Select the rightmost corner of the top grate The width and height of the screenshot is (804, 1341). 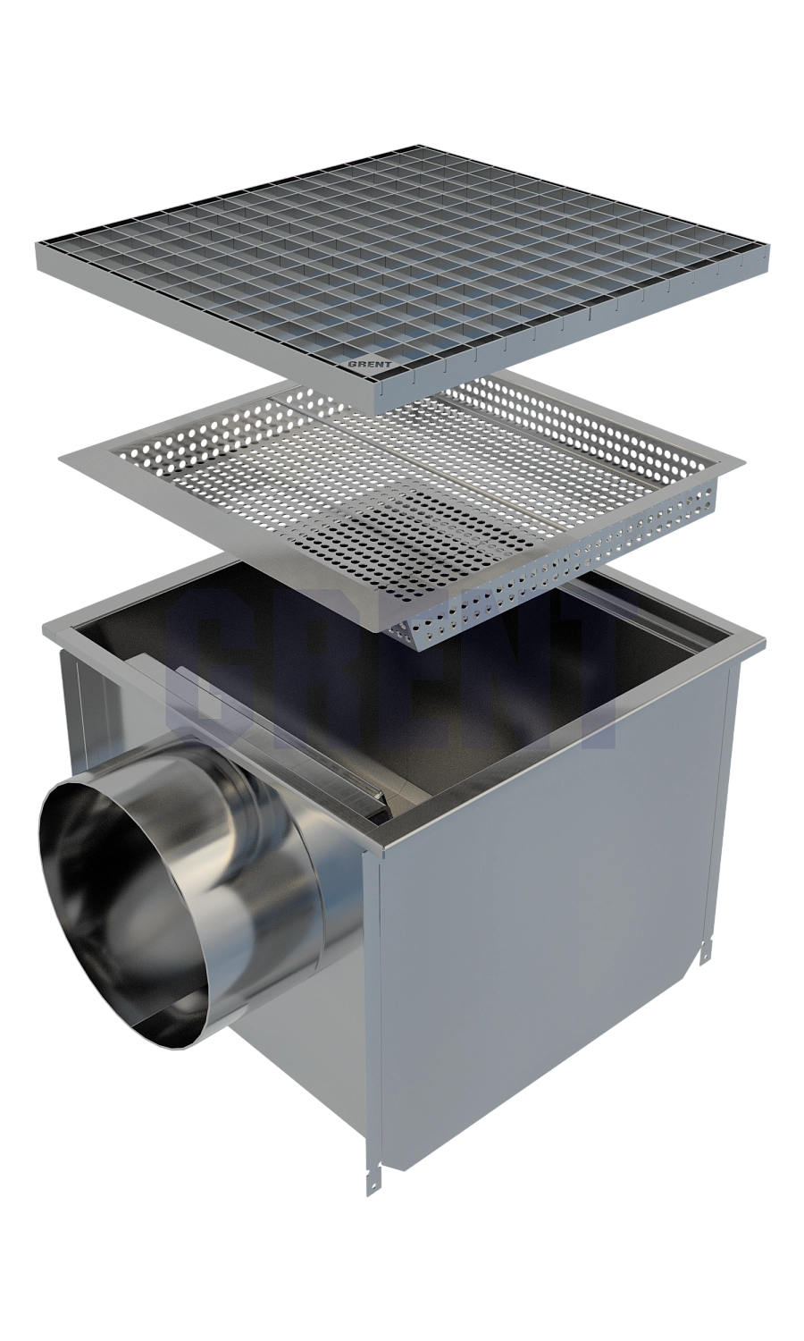[771, 256]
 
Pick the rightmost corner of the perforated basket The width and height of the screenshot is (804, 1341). [746, 463]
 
